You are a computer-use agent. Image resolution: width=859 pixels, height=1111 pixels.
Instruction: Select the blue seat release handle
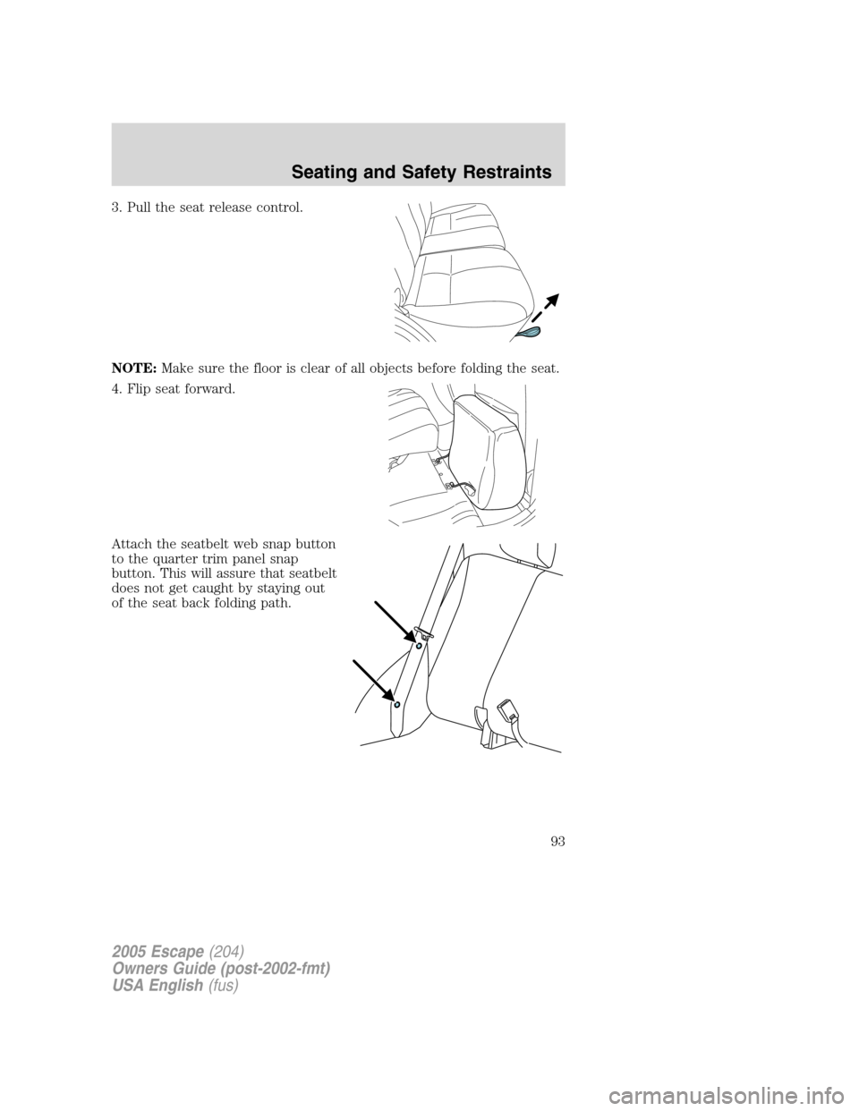click(x=529, y=333)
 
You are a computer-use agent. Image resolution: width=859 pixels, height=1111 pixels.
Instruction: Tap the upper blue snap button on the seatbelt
click(x=419, y=644)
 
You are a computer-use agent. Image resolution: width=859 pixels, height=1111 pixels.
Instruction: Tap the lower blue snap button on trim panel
click(x=397, y=705)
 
